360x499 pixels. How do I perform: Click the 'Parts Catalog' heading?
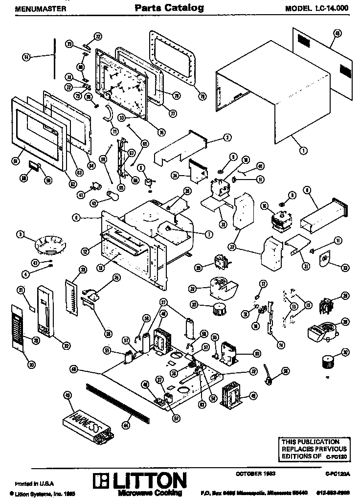[169, 8]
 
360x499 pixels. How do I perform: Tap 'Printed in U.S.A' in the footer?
[24, 481]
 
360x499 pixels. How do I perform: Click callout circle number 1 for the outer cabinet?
[304, 151]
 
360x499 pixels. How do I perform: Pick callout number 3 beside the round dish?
[21, 234]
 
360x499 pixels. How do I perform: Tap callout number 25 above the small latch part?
[116, 278]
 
